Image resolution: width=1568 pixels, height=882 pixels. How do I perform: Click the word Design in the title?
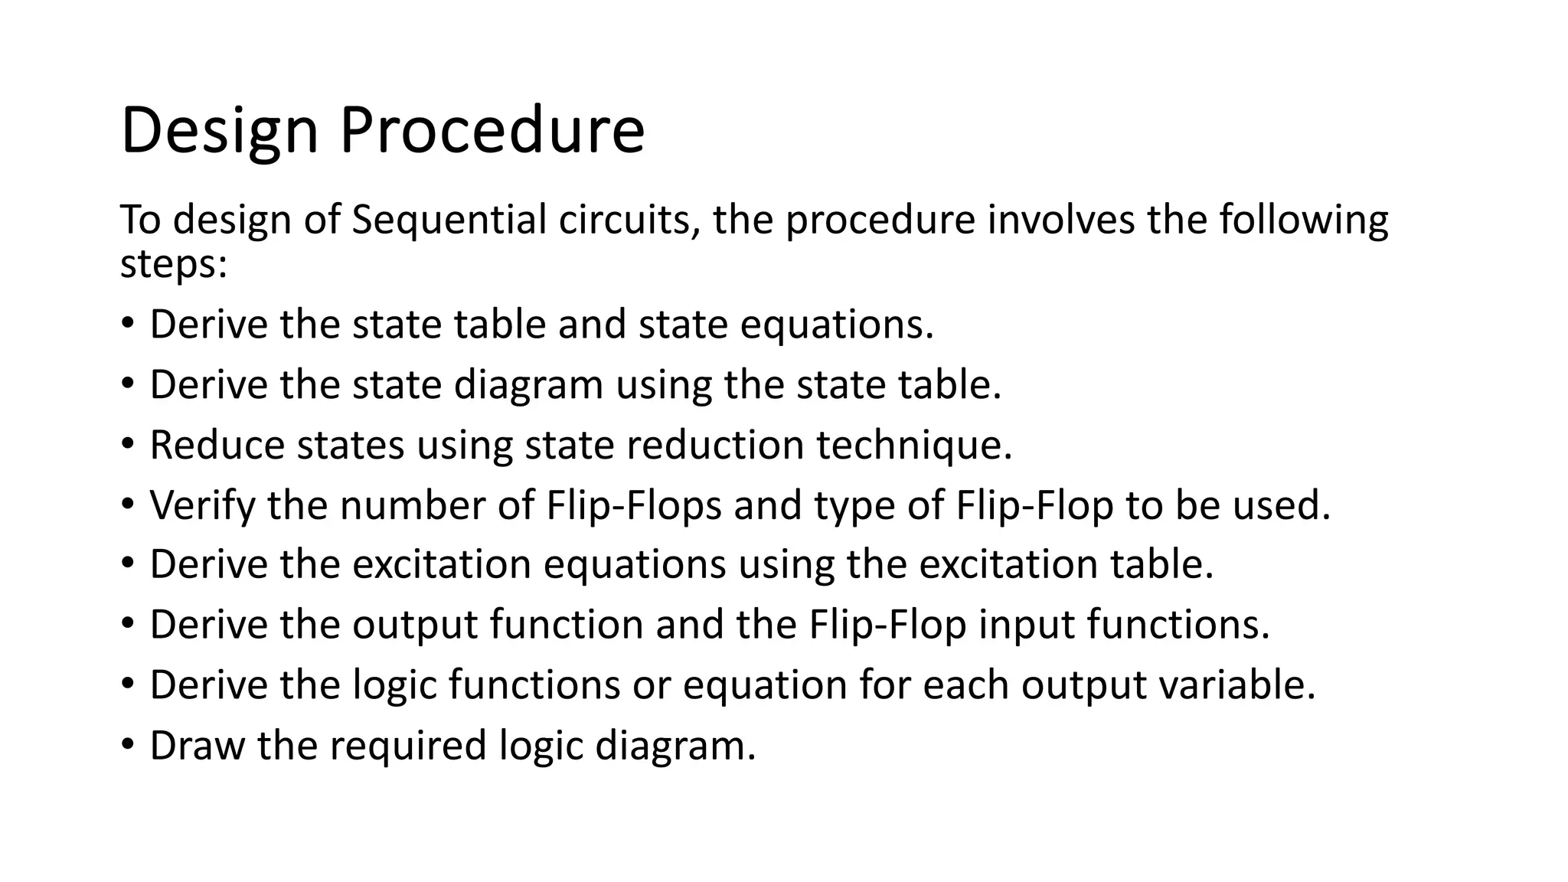[x=219, y=132]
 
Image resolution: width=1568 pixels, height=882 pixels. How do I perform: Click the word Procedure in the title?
[x=492, y=130]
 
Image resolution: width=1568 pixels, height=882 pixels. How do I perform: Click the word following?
[x=1303, y=221]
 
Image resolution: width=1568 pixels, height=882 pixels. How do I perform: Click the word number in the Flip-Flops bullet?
[x=413, y=505]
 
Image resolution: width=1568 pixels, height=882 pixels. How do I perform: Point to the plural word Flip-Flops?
[x=634, y=506]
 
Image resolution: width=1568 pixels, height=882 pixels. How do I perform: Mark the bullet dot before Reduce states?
[x=127, y=444]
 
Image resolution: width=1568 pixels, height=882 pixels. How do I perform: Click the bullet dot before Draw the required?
[x=127, y=744]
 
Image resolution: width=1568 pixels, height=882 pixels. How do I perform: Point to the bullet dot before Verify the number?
[x=127, y=505]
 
